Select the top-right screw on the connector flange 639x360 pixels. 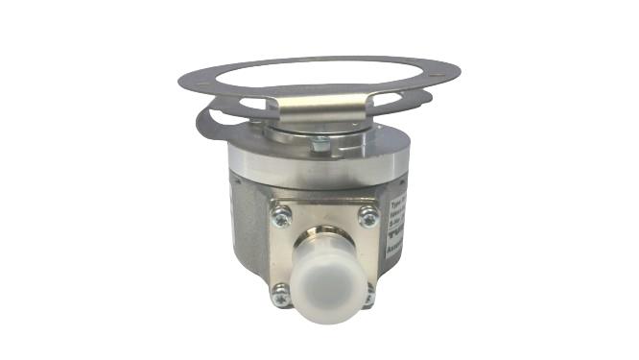(x=367, y=217)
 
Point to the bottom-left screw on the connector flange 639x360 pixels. (x=280, y=297)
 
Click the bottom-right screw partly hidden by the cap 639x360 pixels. (x=367, y=297)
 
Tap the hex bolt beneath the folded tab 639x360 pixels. (x=321, y=144)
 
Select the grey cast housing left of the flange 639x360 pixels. (x=248, y=230)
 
